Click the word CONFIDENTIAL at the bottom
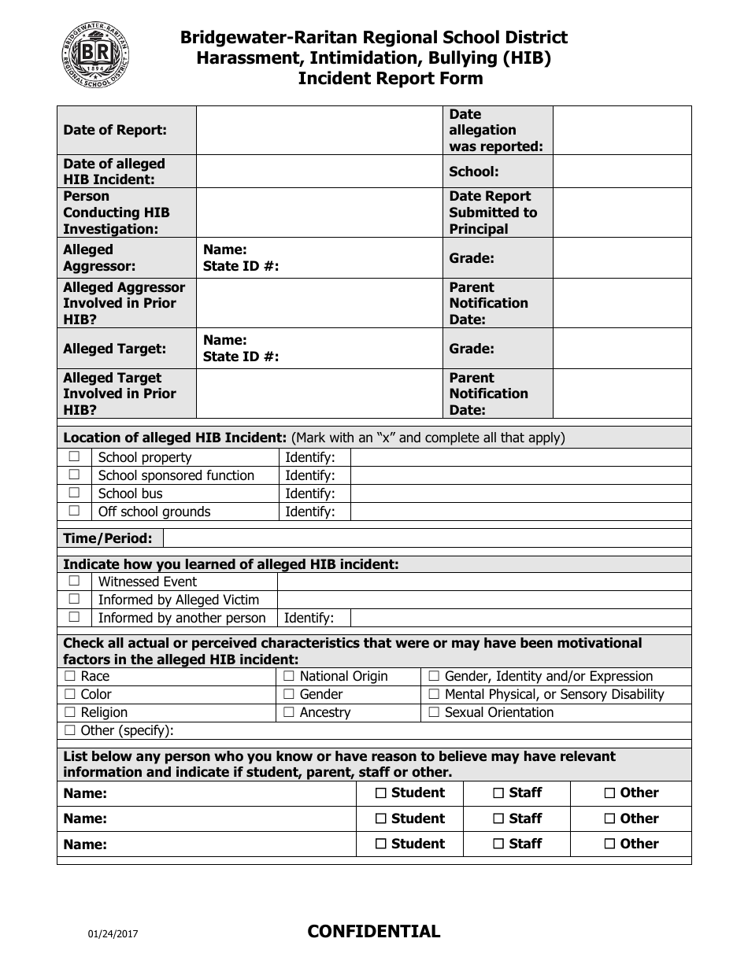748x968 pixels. [373, 932]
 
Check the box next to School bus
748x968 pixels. [74, 493]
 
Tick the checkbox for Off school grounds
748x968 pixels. [74, 512]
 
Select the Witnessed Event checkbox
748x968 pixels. [74, 582]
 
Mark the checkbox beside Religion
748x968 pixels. [69, 712]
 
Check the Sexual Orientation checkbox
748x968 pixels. [433, 712]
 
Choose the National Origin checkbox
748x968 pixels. [288, 676]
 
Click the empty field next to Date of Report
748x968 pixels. [318, 131]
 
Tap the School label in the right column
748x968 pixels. [473, 172]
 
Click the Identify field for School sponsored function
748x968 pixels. [520, 475]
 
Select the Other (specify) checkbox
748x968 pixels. [69, 730]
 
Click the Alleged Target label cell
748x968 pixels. [115, 349]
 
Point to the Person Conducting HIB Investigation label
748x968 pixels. [117, 212]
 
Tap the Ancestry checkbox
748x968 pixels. [288, 712]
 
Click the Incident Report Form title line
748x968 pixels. [390, 79]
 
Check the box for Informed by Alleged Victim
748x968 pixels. [74, 600]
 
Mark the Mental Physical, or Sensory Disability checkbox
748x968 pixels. [433, 694]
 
